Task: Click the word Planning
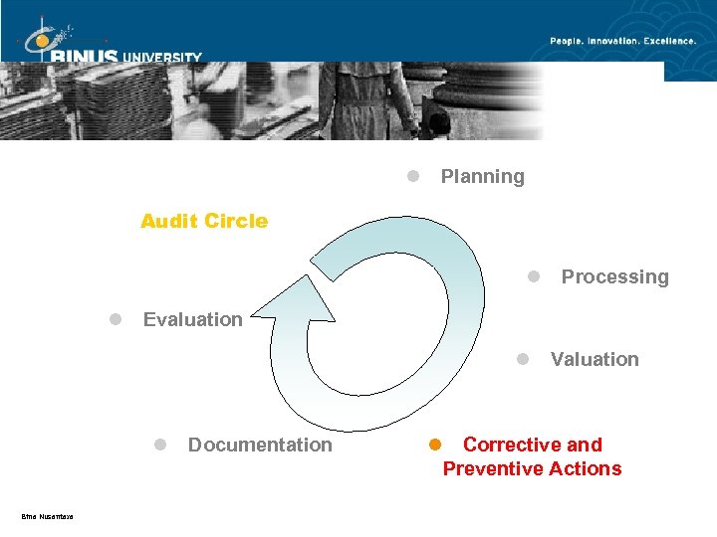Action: (x=482, y=177)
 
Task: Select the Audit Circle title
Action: (x=204, y=221)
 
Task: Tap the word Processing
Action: (x=614, y=276)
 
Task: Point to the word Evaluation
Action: (x=193, y=319)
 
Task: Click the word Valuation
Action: (x=595, y=359)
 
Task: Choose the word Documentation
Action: (x=260, y=445)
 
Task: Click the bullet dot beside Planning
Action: (x=412, y=176)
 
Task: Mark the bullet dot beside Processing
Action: (x=534, y=275)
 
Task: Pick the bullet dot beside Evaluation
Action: (x=116, y=318)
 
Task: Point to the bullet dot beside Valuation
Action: (x=523, y=358)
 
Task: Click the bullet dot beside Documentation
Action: (x=159, y=444)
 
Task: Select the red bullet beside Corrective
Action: (x=434, y=444)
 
